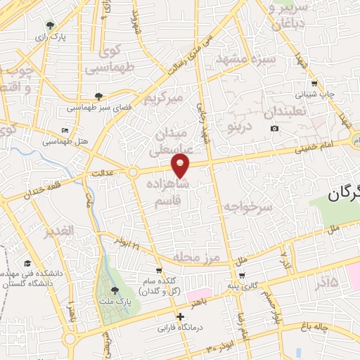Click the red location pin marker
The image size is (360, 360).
point(181,165)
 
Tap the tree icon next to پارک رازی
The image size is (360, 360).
point(49,25)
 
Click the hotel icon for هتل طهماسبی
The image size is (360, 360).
point(65,130)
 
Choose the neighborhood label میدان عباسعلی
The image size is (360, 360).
point(168,141)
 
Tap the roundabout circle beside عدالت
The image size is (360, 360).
point(132,172)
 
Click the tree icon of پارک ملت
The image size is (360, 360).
point(115,290)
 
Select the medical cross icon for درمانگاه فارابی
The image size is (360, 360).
point(181,317)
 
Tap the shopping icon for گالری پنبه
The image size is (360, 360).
point(242,275)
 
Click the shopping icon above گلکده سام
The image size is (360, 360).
point(160,270)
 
